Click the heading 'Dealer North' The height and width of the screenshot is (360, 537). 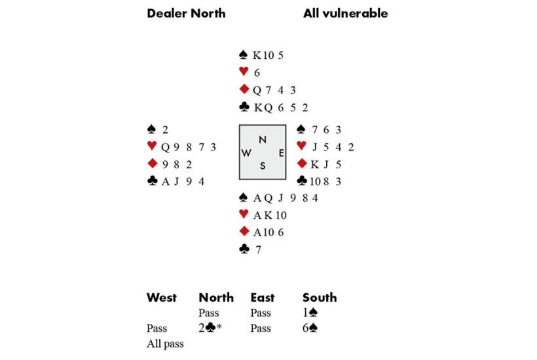[x=186, y=13]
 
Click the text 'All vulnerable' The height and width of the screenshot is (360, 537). [x=346, y=13]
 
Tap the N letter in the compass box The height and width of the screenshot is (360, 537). [x=263, y=139]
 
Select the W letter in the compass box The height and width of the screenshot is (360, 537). [x=246, y=153]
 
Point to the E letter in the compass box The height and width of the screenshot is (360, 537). [x=281, y=153]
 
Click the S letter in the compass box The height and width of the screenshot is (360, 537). [x=263, y=166]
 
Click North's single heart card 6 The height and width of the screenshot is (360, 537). [x=257, y=73]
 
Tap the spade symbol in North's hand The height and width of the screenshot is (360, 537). [x=243, y=54]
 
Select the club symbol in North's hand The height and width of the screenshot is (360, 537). [x=244, y=107]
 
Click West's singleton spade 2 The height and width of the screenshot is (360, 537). [x=165, y=130]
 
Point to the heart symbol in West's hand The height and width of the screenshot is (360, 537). [x=152, y=146]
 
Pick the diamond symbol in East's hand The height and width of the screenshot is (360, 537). [x=302, y=164]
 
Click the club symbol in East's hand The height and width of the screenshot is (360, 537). [x=302, y=181]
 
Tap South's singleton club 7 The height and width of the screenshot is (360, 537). [x=259, y=250]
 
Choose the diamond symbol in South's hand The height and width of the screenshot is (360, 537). [x=244, y=231]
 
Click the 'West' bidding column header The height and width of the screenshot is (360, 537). [x=162, y=297]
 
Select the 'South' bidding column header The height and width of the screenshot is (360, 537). [x=320, y=297]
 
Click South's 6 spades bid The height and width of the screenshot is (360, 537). [x=310, y=328]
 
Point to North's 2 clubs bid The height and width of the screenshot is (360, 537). [x=210, y=328]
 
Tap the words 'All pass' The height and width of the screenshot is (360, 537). [x=165, y=344]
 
